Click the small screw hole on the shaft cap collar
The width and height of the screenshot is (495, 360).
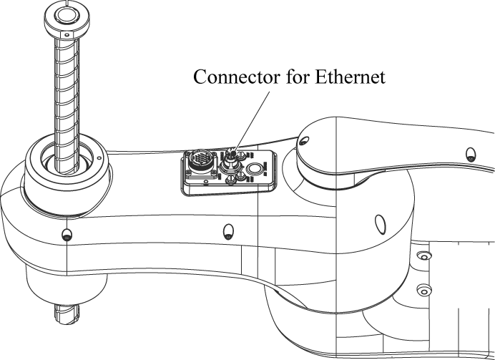67,34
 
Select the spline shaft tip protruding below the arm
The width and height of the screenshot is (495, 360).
67,313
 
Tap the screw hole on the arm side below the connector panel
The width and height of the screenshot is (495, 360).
228,230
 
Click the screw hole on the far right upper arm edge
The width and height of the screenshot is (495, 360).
469,154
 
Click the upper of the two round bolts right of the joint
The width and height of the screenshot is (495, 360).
423,256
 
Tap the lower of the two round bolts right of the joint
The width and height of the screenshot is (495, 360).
423,290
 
